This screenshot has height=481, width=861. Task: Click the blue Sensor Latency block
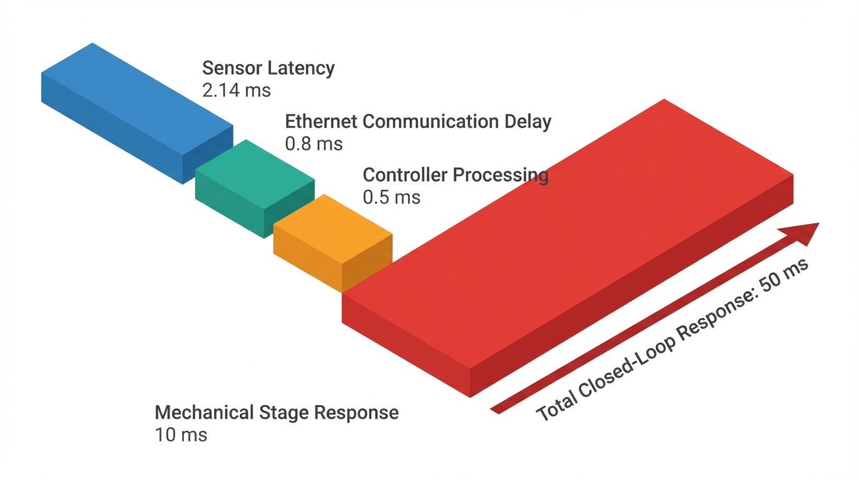135,110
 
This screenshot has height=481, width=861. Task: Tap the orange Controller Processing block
332,241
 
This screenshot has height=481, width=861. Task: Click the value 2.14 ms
237,90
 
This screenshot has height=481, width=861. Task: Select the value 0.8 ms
313,144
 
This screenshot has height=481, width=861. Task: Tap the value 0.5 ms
391,197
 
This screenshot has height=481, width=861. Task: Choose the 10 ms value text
180,435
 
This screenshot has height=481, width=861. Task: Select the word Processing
501,175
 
